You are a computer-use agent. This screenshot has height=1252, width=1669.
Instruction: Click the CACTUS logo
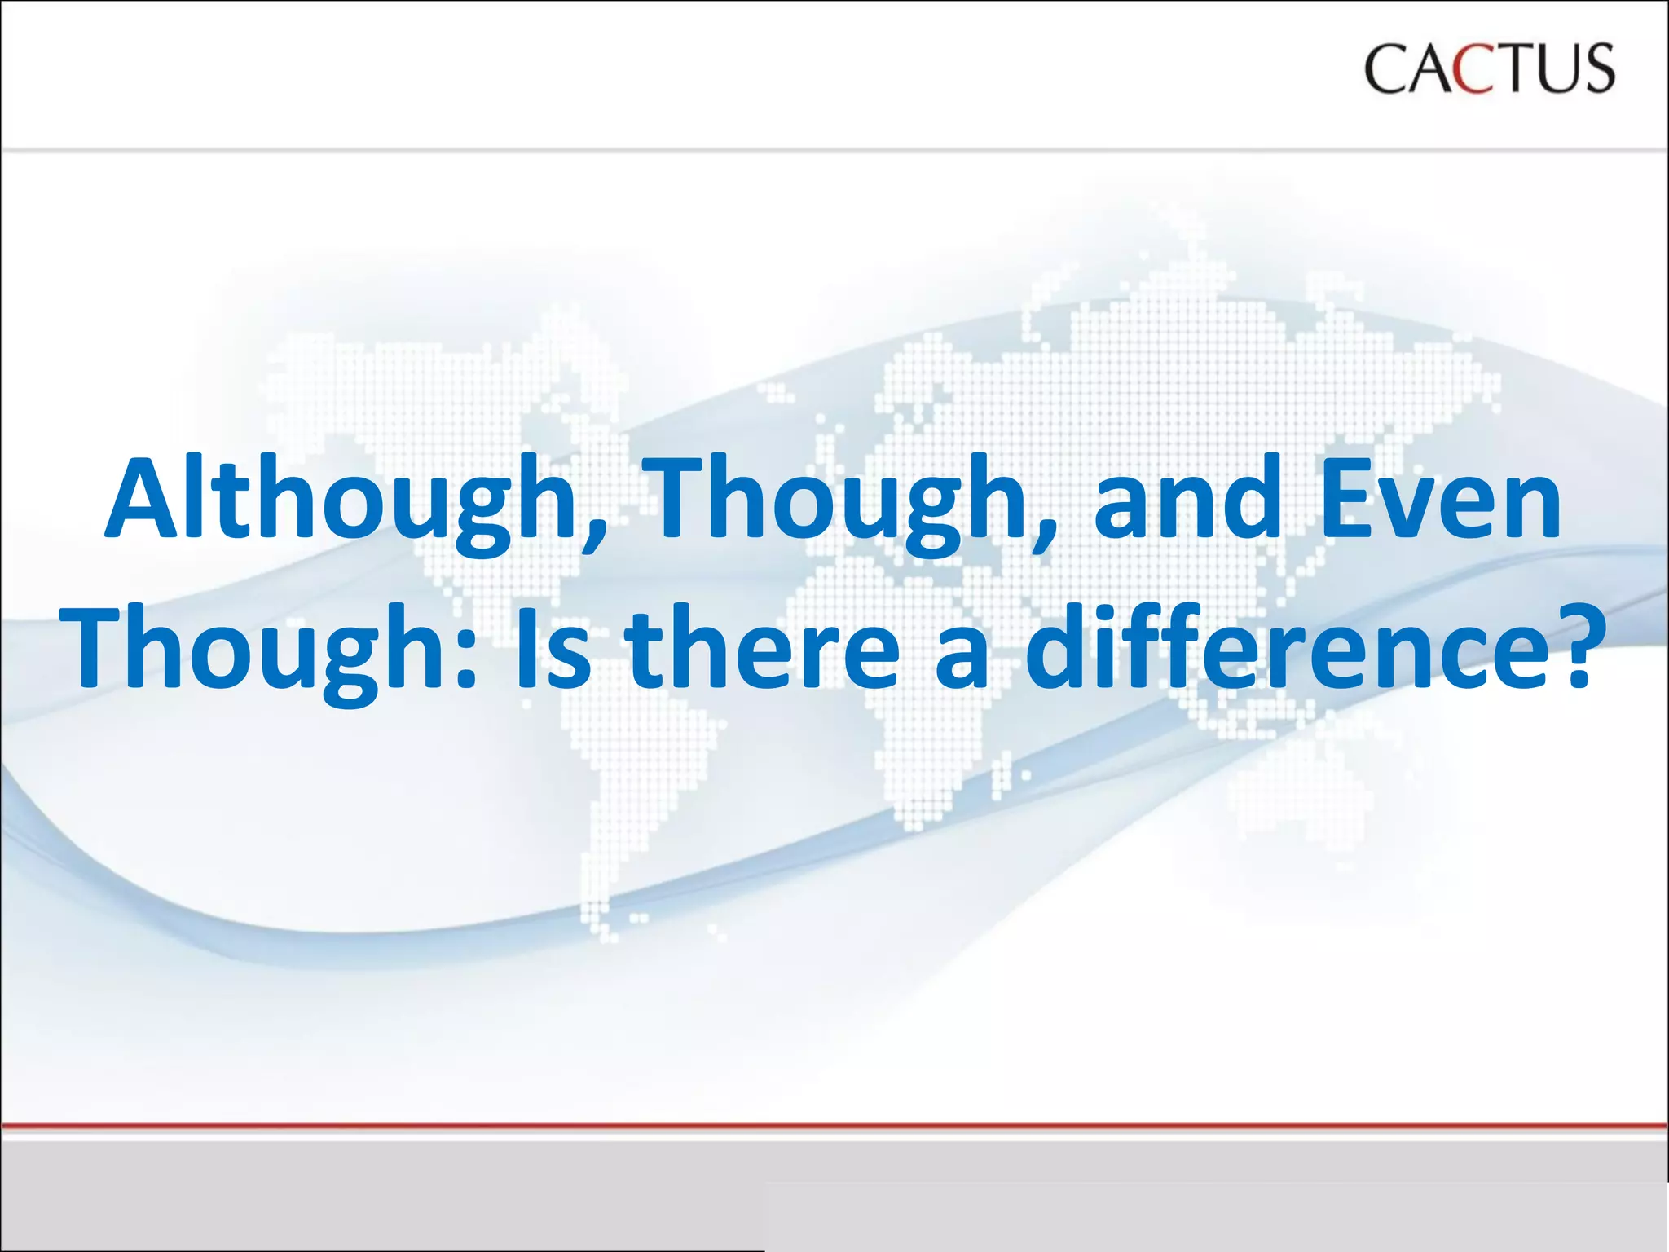pos(1488,68)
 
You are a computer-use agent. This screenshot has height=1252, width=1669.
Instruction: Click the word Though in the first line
pos(839,499)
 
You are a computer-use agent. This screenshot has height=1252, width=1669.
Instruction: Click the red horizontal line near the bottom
pos(834,1126)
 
